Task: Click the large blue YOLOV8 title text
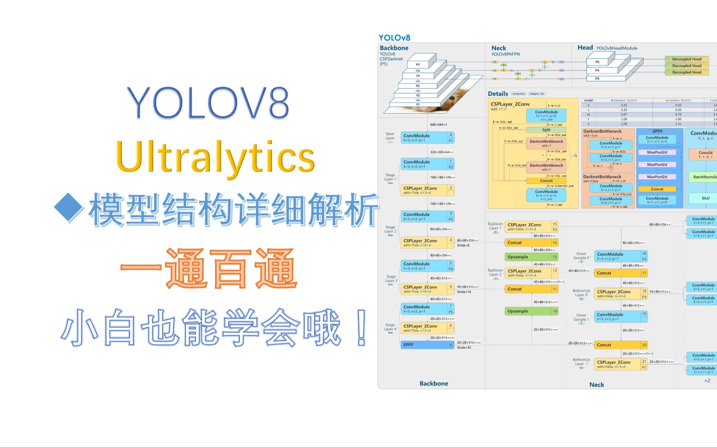pyautogui.click(x=208, y=103)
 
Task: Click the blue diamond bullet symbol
pyautogui.click(x=69, y=207)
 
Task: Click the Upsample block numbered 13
pyautogui.click(x=531, y=257)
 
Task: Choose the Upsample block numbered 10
pyautogui.click(x=531, y=311)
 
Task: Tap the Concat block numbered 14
pyautogui.click(x=531, y=243)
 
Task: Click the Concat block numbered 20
pyautogui.click(x=621, y=345)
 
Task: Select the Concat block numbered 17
pyautogui.click(x=621, y=273)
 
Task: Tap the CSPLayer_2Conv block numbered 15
pyautogui.click(x=531, y=227)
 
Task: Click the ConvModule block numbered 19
pyautogui.click(x=621, y=317)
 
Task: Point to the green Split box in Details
pyautogui.click(x=546, y=130)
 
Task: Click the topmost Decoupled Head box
pyautogui.click(x=687, y=59)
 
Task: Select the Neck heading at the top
pyautogui.click(x=499, y=48)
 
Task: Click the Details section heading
pyautogui.click(x=498, y=94)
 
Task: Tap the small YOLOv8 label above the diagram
pyautogui.click(x=394, y=38)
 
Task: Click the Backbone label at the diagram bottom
pyautogui.click(x=434, y=383)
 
